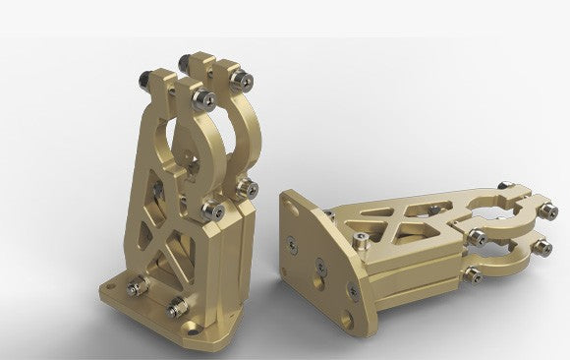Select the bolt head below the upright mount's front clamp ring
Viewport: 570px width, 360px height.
(x=210, y=206)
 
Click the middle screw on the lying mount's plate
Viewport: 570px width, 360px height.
(x=318, y=264)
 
